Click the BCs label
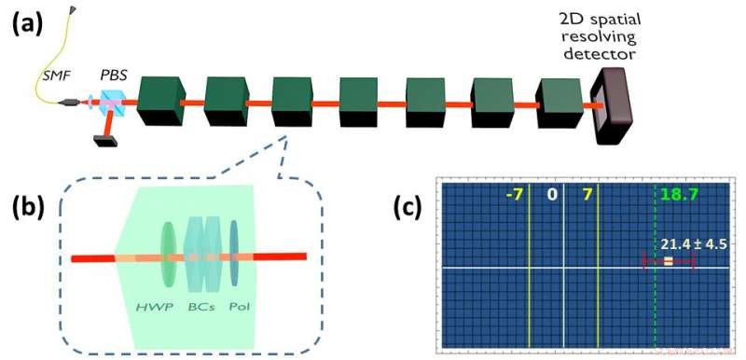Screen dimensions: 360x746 (x=199, y=305)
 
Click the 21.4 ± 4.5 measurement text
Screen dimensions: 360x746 (x=689, y=244)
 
